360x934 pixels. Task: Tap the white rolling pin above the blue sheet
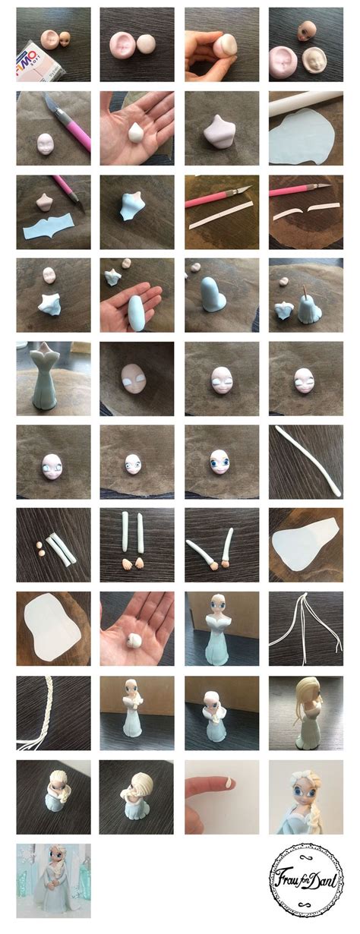(304, 99)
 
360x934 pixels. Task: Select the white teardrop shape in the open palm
(135, 131)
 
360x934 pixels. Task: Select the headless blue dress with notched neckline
(50, 377)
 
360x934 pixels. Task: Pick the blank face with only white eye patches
(134, 377)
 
